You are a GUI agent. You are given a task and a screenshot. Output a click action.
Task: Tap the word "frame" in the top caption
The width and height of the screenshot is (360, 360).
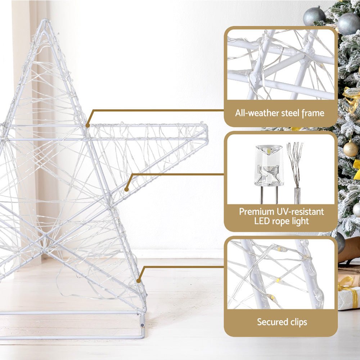click(x=313, y=113)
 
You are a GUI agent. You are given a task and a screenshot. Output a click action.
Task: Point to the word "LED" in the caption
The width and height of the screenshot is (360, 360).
click(x=262, y=221)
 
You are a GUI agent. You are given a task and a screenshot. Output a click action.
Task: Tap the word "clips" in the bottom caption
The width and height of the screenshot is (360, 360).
click(x=299, y=322)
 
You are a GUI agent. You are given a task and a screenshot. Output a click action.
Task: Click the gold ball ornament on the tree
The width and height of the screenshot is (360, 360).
click(x=350, y=149)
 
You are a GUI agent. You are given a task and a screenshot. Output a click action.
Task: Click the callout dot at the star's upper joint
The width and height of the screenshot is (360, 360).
click(x=87, y=125)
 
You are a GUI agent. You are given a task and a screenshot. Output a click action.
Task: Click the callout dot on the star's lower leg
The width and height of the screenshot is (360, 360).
click(x=139, y=280)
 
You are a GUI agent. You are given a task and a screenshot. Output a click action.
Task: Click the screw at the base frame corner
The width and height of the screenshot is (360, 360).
click(x=143, y=324)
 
